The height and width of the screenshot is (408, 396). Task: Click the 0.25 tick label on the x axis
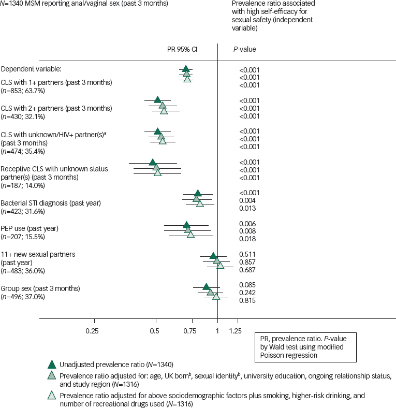[x=92, y=330]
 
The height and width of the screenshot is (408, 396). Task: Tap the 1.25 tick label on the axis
[x=235, y=330]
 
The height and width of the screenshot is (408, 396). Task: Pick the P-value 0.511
[x=246, y=254]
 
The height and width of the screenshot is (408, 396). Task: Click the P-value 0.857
[x=246, y=262]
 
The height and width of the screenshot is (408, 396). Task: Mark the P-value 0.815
[x=246, y=300]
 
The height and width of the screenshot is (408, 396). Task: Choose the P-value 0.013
[x=246, y=208]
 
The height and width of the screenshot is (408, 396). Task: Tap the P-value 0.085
[x=246, y=285]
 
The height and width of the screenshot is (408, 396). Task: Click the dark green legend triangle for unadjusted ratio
[x=51, y=363]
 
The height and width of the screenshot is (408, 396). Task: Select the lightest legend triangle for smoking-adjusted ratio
[x=51, y=396]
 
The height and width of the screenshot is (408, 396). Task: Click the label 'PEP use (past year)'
[x=30, y=228]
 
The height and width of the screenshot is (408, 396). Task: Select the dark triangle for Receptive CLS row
[x=153, y=162]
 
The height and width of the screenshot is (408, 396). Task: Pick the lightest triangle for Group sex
[x=216, y=296]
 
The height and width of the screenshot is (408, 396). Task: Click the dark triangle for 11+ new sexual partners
[x=213, y=255]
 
